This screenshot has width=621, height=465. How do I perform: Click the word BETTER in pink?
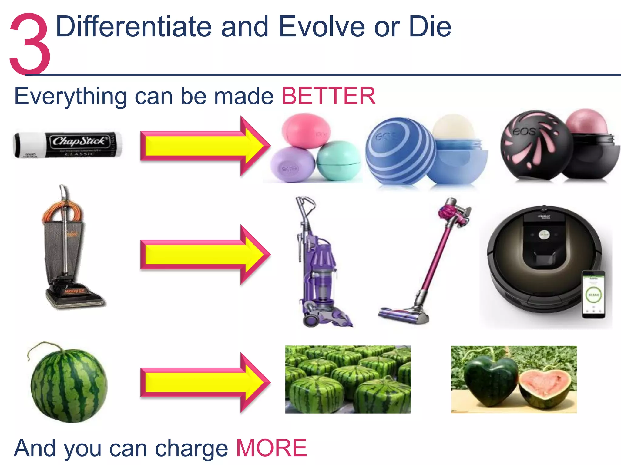coord(328,96)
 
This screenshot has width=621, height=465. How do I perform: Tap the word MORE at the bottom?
coord(271,448)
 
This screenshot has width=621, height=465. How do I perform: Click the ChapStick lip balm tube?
coord(67,145)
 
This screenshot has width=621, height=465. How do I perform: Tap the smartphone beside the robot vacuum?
coord(593,294)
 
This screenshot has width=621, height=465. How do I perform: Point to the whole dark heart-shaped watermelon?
coord(489,378)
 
